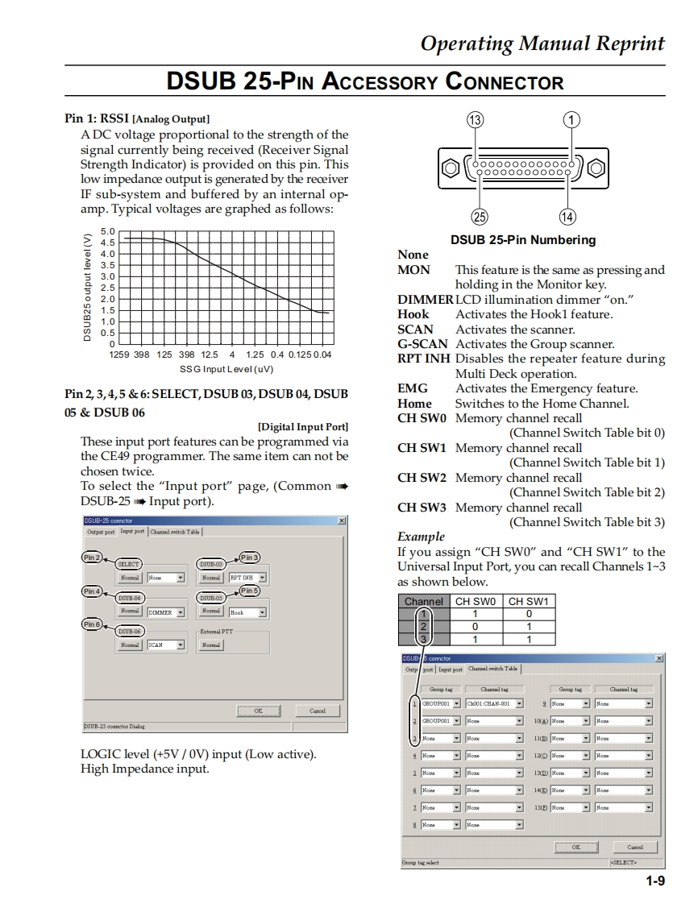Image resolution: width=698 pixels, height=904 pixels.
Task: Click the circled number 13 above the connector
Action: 476,120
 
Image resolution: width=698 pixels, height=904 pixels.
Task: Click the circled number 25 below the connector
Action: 480,216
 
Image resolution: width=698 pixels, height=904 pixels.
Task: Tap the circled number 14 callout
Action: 567,216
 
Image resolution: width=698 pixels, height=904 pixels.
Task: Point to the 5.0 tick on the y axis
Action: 108,232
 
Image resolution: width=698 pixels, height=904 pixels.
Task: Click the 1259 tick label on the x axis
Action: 119,355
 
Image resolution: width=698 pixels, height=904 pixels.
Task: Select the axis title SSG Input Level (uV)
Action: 226,369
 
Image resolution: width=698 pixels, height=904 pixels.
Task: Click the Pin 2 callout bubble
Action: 92,558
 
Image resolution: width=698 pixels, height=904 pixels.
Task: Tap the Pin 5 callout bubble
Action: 250,591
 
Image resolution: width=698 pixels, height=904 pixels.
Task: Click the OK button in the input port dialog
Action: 258,711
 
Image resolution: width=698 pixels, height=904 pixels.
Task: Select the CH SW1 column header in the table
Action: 528,601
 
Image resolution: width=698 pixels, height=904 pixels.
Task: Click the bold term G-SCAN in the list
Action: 422,344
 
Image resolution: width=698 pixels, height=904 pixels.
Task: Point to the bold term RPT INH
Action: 424,359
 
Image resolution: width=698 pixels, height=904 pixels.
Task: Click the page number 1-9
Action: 654,881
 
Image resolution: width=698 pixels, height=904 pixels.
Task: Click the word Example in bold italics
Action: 421,537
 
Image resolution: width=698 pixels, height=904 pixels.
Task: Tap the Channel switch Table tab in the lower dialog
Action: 493,669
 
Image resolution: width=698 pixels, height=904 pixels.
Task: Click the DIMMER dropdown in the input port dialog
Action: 166,612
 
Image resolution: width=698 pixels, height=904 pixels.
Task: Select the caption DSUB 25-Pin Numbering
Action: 523,239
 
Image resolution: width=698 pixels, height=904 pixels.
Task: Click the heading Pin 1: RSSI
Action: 97,118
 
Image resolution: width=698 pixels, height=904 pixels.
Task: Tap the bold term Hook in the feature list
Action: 413,314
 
